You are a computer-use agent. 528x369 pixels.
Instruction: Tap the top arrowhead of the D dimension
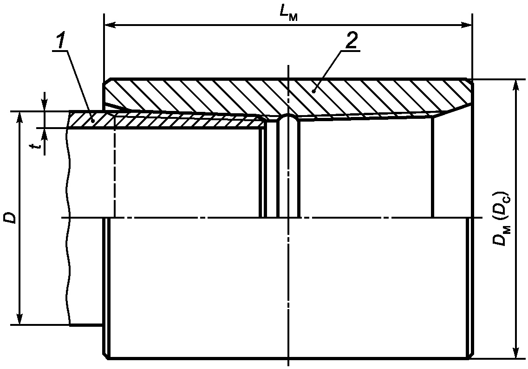(x=20, y=116)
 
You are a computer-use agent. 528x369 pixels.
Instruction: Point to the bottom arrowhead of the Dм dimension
(x=515, y=353)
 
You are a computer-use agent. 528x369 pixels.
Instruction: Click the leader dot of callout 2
(x=314, y=91)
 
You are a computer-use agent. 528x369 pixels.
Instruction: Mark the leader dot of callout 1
(x=93, y=120)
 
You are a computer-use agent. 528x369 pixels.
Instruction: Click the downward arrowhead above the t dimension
(x=44, y=106)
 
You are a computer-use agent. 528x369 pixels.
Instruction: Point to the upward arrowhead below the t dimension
(x=44, y=133)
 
